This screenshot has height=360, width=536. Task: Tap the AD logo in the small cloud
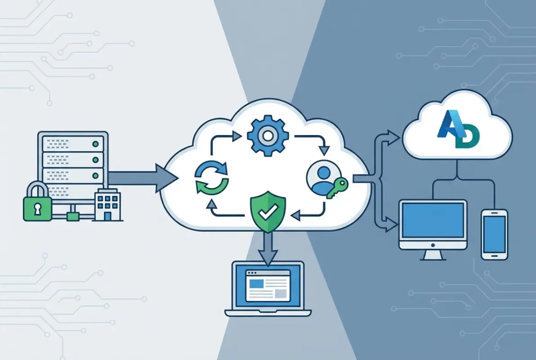pos(457,130)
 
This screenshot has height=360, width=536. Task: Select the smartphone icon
pos(494,233)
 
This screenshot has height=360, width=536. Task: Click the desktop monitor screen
pos(433,220)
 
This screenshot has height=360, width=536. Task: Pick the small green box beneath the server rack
pos(72,216)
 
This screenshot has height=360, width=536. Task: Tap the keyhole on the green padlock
pos(37,209)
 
